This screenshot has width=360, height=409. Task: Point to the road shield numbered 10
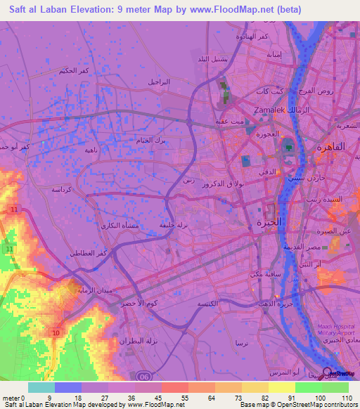(x=56, y=331)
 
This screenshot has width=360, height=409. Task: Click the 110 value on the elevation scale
(x=345, y=397)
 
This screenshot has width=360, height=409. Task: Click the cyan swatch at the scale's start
(x=41, y=387)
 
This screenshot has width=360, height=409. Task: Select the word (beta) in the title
(x=285, y=10)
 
